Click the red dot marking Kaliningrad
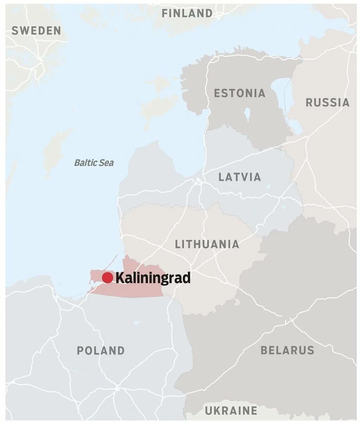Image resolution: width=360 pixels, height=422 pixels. pos(107,278)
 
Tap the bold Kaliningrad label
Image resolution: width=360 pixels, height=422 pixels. pos(153,278)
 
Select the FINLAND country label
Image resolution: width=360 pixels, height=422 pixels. pos(187,13)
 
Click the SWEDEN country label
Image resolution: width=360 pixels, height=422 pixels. pos(36,31)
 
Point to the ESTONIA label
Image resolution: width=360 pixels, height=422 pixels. pos(240,93)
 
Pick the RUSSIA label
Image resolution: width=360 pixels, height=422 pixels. pos(327,102)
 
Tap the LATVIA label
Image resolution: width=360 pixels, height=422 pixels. pos(240,177)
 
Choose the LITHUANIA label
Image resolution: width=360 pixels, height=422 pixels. pos(207,244)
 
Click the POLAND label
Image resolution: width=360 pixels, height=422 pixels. pos(101,350)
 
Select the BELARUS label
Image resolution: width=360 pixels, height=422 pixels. pos(287,350)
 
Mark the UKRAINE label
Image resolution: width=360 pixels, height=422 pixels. pos(231,410)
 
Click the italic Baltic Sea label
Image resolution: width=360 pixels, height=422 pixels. pos(94,163)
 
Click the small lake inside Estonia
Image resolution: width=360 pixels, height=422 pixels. pos(247,114)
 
